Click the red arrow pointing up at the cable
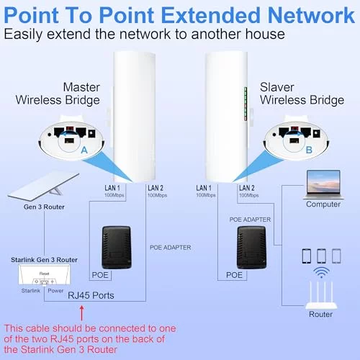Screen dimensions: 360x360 [x=82, y=313]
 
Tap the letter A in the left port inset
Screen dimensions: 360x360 [x=84, y=150]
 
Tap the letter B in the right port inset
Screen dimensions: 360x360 [x=309, y=150]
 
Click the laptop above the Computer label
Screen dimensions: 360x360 [x=323, y=184]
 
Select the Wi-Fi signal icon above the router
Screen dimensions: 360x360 [x=322, y=272]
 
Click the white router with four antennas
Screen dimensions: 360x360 [x=321, y=295]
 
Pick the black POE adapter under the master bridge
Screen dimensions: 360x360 [x=117, y=248]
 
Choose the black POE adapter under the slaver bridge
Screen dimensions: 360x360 [x=251, y=248]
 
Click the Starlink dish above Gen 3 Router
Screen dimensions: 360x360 [x=43, y=187]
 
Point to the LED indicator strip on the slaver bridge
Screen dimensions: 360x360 [x=246, y=104]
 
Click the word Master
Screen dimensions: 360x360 [x=81, y=87]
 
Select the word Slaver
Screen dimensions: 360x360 [x=277, y=87]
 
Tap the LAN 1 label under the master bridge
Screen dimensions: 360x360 [x=112, y=188]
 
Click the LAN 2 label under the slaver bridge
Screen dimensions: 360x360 [x=247, y=188]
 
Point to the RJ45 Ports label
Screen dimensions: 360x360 [x=91, y=295]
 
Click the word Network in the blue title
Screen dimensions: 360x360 [x=311, y=15]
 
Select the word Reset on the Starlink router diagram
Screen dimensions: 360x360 [x=44, y=274]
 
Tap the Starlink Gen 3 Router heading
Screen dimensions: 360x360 [x=44, y=260]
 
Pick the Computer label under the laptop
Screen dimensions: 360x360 [x=323, y=204]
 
